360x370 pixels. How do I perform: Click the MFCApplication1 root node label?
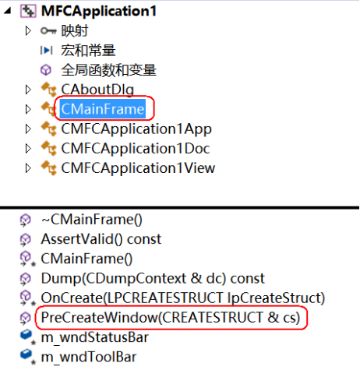click(99, 11)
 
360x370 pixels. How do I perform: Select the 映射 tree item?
click(75, 31)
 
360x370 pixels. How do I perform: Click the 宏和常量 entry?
click(88, 51)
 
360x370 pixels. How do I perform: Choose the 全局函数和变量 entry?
click(108, 70)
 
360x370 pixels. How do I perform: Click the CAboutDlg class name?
click(97, 90)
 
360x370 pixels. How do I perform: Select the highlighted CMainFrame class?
click(103, 109)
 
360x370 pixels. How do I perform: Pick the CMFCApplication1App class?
click(136, 129)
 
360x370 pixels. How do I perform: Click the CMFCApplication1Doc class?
click(136, 149)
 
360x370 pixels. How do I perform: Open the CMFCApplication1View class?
click(138, 168)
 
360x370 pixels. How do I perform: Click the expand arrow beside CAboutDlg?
click(28, 90)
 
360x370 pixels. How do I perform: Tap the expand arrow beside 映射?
click(28, 31)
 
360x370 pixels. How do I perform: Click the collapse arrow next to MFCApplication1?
click(8, 11)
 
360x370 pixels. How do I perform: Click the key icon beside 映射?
click(48, 31)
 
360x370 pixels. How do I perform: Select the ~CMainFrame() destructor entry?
click(92, 220)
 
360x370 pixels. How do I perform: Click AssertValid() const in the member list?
click(101, 239)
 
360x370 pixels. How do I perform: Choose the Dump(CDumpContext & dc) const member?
click(153, 278)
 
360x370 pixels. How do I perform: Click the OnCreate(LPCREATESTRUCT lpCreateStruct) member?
click(183, 298)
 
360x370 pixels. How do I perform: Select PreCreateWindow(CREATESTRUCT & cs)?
click(171, 318)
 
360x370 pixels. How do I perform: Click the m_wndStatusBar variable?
click(95, 337)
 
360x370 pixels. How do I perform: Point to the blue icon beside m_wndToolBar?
click(26, 354)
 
